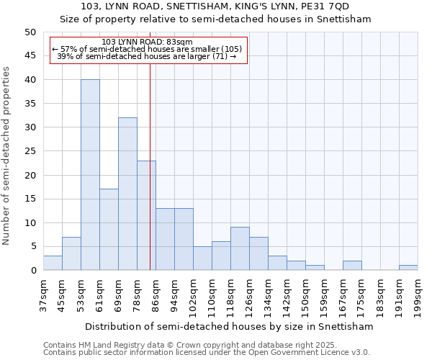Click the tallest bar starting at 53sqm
tap(90, 175)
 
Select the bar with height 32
tap(127, 194)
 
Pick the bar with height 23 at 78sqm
tap(146, 215)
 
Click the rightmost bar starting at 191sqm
tap(408, 268)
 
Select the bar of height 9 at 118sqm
tap(240, 248)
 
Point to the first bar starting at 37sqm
tap(53, 263)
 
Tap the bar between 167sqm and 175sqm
tap(352, 266)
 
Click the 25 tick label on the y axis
tap(30, 151)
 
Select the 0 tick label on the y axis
tap(32, 271)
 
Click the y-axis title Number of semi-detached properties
tap(7, 156)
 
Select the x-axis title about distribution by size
tap(229, 326)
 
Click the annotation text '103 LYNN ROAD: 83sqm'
tap(147, 42)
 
